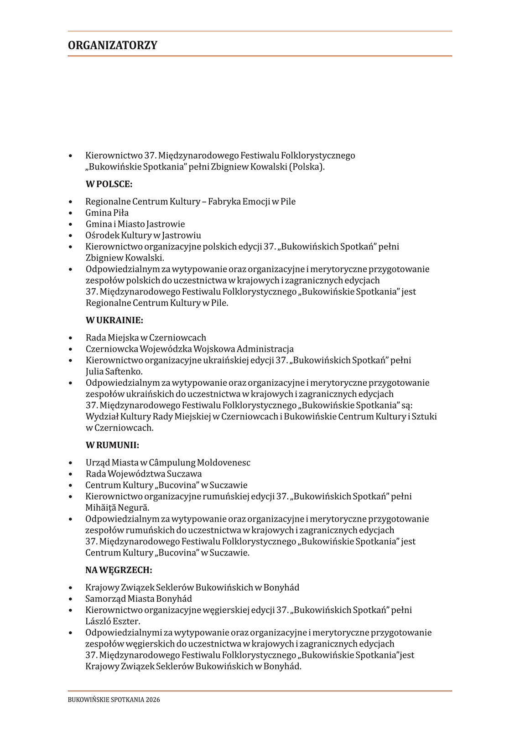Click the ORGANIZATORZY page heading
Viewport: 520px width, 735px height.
pyautogui.click(x=113, y=45)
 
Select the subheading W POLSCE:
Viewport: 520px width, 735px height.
pyautogui.click(x=109, y=184)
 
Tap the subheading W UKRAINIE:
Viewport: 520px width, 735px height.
pyautogui.click(x=114, y=321)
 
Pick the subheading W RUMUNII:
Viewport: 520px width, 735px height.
pyautogui.click(x=113, y=445)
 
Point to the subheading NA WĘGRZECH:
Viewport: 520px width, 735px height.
pyautogui.click(x=119, y=570)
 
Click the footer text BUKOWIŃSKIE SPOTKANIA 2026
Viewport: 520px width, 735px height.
pyautogui.click(x=114, y=699)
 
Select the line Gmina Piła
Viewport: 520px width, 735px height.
pyautogui.click(x=107, y=213)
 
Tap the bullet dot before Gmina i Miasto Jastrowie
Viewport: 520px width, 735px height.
pyautogui.click(x=71, y=224)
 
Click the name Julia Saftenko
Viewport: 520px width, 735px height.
pyautogui.click(x=114, y=372)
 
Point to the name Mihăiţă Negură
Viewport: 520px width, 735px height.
pyautogui.click(x=117, y=507)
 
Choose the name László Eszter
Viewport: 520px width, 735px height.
pyautogui.click(x=113, y=621)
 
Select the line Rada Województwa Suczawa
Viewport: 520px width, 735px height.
pyautogui.click(x=144, y=474)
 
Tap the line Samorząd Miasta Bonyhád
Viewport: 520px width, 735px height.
pyautogui.click(x=139, y=599)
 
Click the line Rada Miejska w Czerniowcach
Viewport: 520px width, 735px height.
pyautogui.click(x=146, y=338)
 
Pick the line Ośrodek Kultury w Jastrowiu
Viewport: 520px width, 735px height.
pyautogui.click(x=143, y=235)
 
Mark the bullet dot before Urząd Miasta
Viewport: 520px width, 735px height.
pyautogui.click(x=71, y=463)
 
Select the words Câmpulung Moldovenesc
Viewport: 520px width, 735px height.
pyautogui.click(x=200, y=463)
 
